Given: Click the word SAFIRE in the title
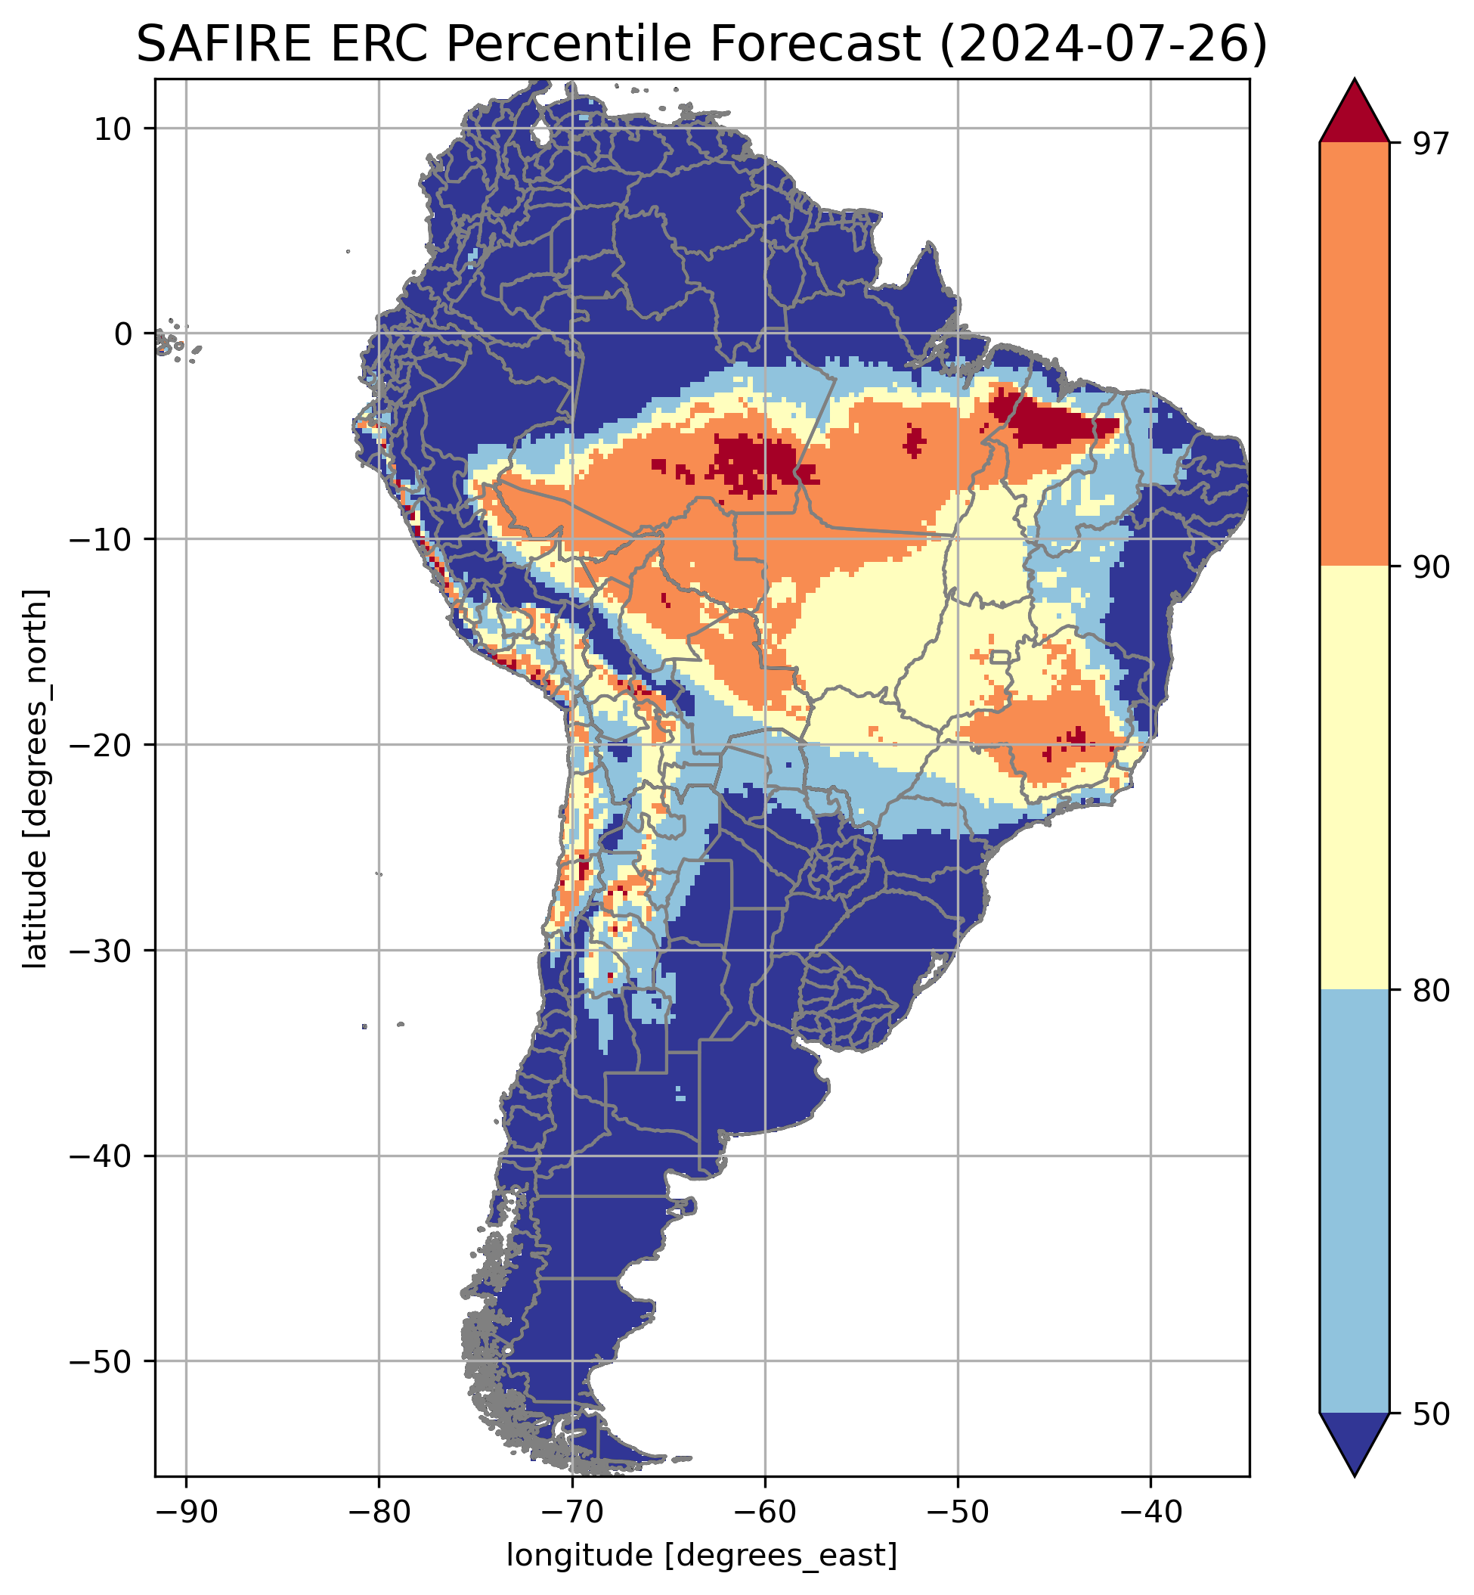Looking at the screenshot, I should [x=225, y=45].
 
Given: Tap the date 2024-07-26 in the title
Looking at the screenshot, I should [x=1103, y=45].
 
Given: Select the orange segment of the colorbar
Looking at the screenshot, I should [x=1355, y=355].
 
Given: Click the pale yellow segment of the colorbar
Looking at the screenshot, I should [x=1355, y=778].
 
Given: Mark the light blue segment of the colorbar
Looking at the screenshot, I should [x=1355, y=1201].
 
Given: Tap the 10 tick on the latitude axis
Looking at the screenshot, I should [x=113, y=129].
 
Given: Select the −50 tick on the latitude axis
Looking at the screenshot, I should [x=101, y=1361].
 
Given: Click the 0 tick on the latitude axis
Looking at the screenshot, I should [x=124, y=334].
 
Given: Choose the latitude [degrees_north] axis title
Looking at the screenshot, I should [x=35, y=778].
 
